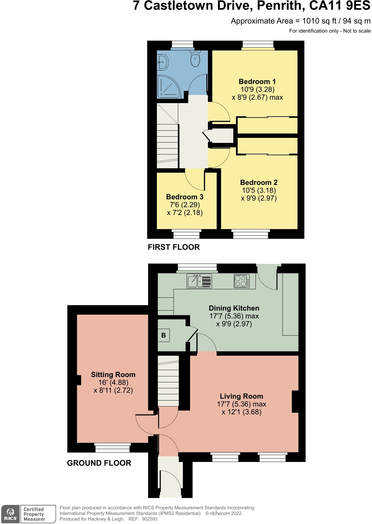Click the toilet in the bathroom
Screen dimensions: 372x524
click(195, 58)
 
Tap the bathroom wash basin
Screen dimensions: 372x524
click(163, 62)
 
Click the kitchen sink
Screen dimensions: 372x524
click(199, 281)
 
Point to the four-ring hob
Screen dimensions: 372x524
click(242, 281)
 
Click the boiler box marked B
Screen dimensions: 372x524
click(163, 335)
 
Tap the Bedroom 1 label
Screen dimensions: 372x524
click(257, 82)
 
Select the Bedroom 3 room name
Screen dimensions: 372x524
click(185, 197)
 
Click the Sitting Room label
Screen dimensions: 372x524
click(113, 375)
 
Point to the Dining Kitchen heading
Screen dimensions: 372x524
click(234, 308)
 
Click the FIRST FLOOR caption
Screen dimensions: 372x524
click(173, 247)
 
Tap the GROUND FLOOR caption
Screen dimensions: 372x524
click(99, 463)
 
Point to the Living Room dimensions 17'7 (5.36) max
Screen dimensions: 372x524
click(241, 404)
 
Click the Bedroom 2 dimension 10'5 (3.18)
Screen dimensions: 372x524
click(259, 191)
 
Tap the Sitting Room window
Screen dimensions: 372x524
click(112, 448)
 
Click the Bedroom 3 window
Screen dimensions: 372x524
click(186, 234)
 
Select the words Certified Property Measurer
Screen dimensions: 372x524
click(34, 514)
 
